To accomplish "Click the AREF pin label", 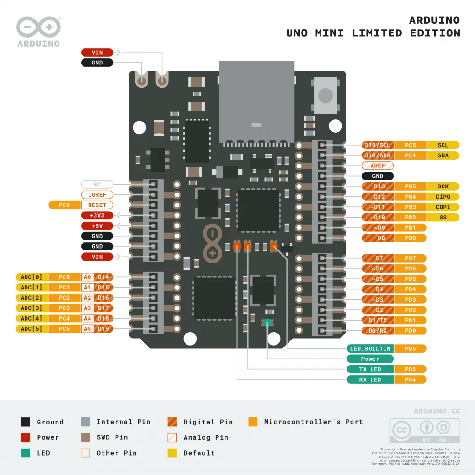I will pos(378,166).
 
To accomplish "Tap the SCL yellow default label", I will pos(443,145).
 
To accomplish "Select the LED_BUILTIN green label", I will pos(370,348).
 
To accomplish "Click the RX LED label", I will pos(370,379).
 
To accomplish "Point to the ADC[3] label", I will pos(32,308).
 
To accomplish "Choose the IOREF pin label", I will pos(97,195).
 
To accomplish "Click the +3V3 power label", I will pos(97,215).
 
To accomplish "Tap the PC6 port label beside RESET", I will pos(64,205).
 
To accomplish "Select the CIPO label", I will pos(443,197).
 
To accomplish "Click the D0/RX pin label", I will pos(378,331).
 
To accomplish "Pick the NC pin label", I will pos(97,185).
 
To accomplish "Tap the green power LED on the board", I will pos(267,323).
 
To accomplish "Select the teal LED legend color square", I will pos(26,453).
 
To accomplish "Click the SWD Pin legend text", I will pos(112,437).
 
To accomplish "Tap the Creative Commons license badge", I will pos(425,430).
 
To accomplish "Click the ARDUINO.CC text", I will pos(437,411).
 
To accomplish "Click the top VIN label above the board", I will pos(97,52).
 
